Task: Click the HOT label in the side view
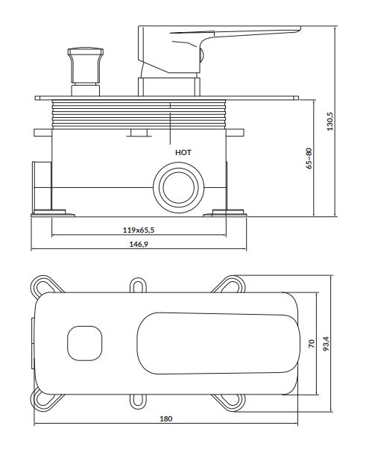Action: [183, 152]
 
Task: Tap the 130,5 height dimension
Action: [329, 122]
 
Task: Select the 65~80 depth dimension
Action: [309, 158]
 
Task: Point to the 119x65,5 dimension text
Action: [139, 230]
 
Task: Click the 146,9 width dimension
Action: [139, 245]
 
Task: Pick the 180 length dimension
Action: [166, 418]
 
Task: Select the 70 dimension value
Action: [312, 344]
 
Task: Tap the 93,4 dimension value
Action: [326, 344]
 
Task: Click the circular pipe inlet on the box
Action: [179, 188]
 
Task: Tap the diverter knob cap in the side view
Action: [86, 52]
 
